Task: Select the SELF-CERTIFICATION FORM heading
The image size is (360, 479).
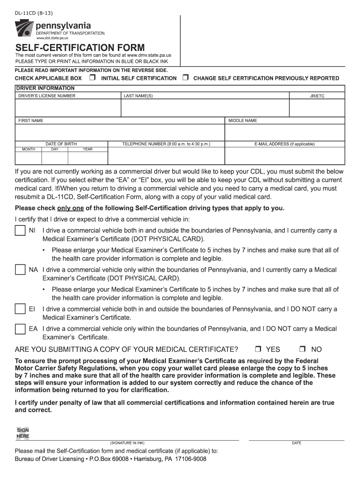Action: (80, 48)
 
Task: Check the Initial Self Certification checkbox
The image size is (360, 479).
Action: (93, 78)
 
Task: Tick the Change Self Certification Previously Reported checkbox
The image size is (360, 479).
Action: (185, 78)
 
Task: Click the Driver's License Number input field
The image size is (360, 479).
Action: (68, 108)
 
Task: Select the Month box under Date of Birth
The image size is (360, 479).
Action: (29, 158)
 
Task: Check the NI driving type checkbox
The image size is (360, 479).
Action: (20, 231)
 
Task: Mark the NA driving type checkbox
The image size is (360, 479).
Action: (20, 270)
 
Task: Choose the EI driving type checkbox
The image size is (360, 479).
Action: (20, 309)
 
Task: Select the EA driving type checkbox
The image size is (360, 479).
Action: (20, 329)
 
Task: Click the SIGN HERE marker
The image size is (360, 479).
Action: (23, 433)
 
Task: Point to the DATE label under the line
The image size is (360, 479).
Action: (296, 443)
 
